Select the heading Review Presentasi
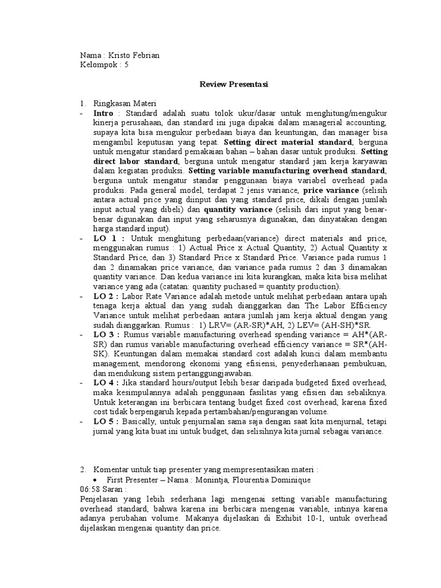click(x=234, y=84)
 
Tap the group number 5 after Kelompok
click(x=126, y=65)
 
